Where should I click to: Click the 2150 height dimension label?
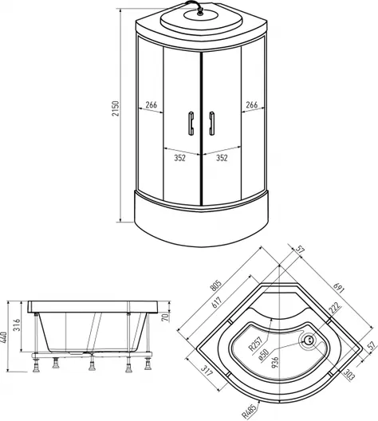click(115, 108)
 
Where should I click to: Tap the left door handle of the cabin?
click(191, 124)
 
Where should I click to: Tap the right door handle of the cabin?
click(212, 124)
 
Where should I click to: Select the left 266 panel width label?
click(152, 104)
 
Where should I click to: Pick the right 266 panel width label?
click(251, 104)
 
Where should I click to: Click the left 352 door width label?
click(180, 158)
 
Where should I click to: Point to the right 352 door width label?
click(222, 158)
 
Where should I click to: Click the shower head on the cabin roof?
click(200, 12)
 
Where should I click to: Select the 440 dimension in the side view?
click(4, 337)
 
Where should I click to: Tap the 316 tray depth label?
click(17, 325)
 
